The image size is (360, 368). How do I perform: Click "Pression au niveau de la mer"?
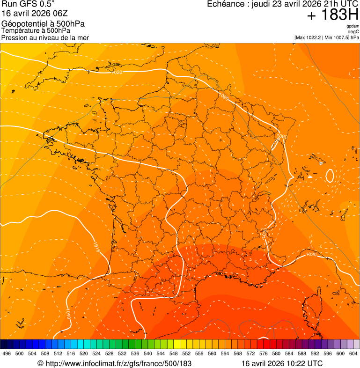pos(45,37)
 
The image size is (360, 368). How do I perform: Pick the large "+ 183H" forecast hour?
pos(332,15)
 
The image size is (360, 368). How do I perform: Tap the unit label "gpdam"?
pos(353,26)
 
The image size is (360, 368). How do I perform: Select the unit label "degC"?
pos(353,32)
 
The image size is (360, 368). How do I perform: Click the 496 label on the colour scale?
pos(7,354)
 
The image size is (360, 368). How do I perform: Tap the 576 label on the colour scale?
pos(264,354)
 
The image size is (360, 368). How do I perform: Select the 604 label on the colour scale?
pos(353,354)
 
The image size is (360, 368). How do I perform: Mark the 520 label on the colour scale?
pos(84,354)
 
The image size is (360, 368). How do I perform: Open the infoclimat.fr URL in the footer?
pos(114,363)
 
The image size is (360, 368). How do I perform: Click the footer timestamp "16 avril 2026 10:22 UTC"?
pos(282,363)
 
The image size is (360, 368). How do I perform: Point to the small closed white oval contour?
pos(329,176)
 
